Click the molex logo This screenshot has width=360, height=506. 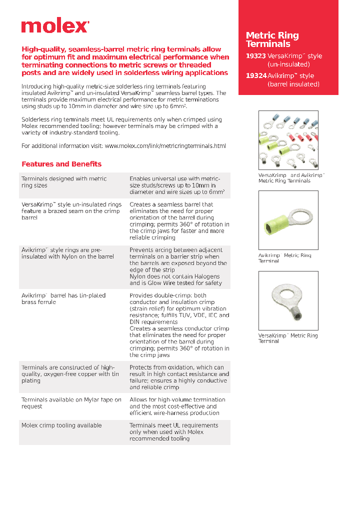point(55,26)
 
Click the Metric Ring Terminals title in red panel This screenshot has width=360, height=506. point(272,39)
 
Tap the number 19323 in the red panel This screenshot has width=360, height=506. point(255,56)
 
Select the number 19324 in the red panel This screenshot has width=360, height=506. point(255,75)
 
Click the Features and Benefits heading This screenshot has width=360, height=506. point(61,164)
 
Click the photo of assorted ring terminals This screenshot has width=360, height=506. point(288,140)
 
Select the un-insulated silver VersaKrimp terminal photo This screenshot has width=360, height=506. point(288,300)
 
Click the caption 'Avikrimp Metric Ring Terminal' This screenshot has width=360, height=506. point(284,258)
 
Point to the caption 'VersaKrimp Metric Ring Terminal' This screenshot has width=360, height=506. point(288,338)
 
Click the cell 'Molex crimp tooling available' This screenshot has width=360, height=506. point(61,425)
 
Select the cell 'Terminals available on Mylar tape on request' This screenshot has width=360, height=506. point(71,403)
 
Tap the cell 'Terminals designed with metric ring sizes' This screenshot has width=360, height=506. point(64,182)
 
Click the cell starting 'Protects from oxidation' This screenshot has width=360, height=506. point(179,377)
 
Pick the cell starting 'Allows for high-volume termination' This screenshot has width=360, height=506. point(177,406)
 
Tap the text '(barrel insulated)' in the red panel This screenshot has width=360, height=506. point(293,84)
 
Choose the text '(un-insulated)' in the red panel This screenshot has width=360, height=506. point(288,64)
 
